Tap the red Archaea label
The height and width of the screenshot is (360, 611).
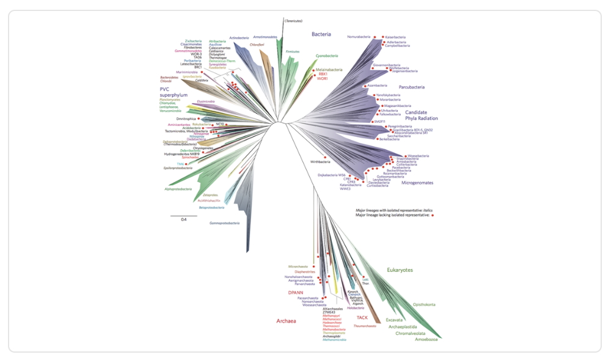click(287, 320)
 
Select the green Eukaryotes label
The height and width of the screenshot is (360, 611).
click(400, 270)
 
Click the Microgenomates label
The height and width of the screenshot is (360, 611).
click(417, 182)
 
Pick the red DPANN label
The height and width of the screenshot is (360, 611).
click(296, 293)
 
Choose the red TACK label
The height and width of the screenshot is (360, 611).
click(362, 318)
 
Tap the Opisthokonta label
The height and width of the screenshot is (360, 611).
click(423, 304)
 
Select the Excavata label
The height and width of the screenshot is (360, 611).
click(394, 319)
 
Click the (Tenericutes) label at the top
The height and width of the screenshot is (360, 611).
click(293, 21)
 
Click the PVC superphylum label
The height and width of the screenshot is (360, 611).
click(174, 92)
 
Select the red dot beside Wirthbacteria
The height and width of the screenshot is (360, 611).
click(326, 162)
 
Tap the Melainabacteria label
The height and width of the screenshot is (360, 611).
click(329, 70)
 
